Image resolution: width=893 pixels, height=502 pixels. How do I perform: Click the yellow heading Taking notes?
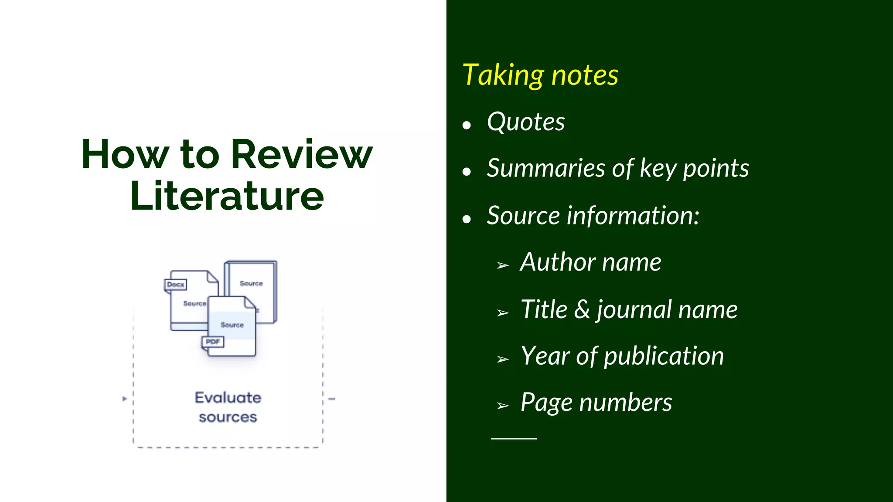540,75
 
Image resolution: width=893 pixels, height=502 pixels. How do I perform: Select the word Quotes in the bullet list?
526,122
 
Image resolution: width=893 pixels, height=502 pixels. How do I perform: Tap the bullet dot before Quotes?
467,125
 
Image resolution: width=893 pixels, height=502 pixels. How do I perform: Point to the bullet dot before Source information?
467,219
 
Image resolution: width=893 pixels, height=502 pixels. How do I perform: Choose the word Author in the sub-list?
556,262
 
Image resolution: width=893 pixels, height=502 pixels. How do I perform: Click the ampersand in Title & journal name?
582,309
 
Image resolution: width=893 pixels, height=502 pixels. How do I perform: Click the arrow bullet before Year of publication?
503,360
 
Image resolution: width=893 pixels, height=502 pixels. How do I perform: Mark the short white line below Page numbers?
514,438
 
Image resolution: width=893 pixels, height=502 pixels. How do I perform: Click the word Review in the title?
301,155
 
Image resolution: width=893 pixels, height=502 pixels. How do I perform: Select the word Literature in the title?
227,196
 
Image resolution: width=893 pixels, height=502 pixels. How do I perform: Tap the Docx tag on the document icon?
176,285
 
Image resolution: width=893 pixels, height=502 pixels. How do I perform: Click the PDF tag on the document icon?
213,342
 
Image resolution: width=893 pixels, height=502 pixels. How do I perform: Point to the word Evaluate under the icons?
228,397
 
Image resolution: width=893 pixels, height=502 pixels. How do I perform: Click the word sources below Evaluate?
228,417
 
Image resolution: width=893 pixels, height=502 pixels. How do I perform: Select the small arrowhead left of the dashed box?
125,399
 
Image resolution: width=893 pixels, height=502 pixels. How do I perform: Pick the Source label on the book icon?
251,283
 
